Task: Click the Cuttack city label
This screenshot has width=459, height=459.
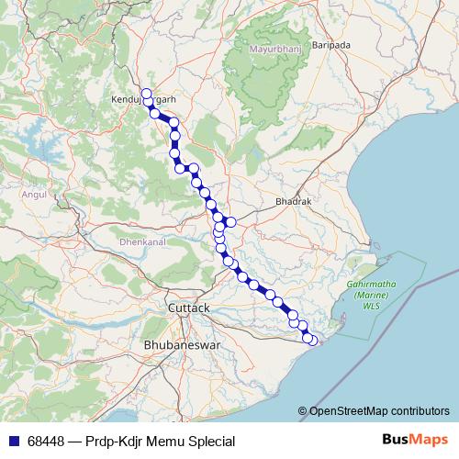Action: pyautogui.click(x=189, y=308)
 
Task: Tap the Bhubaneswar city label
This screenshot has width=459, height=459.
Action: pyautogui.click(x=182, y=344)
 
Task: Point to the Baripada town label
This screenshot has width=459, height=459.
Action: pyautogui.click(x=332, y=44)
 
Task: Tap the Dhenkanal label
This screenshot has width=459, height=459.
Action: pyautogui.click(x=141, y=242)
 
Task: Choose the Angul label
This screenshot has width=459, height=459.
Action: pyautogui.click(x=34, y=195)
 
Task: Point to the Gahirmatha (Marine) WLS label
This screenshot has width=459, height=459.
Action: pyautogui.click(x=371, y=295)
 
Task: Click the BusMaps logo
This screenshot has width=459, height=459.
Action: pyautogui.click(x=413, y=441)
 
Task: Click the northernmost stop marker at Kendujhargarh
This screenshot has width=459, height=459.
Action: pyautogui.click(x=146, y=93)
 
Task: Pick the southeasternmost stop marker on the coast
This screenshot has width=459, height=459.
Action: pyautogui.click(x=313, y=341)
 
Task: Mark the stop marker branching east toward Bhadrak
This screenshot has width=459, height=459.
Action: pyautogui.click(x=231, y=221)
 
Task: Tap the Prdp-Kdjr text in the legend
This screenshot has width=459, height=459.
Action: pyautogui.click(x=120, y=442)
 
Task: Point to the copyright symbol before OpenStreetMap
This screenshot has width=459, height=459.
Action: pyautogui.click(x=303, y=410)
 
